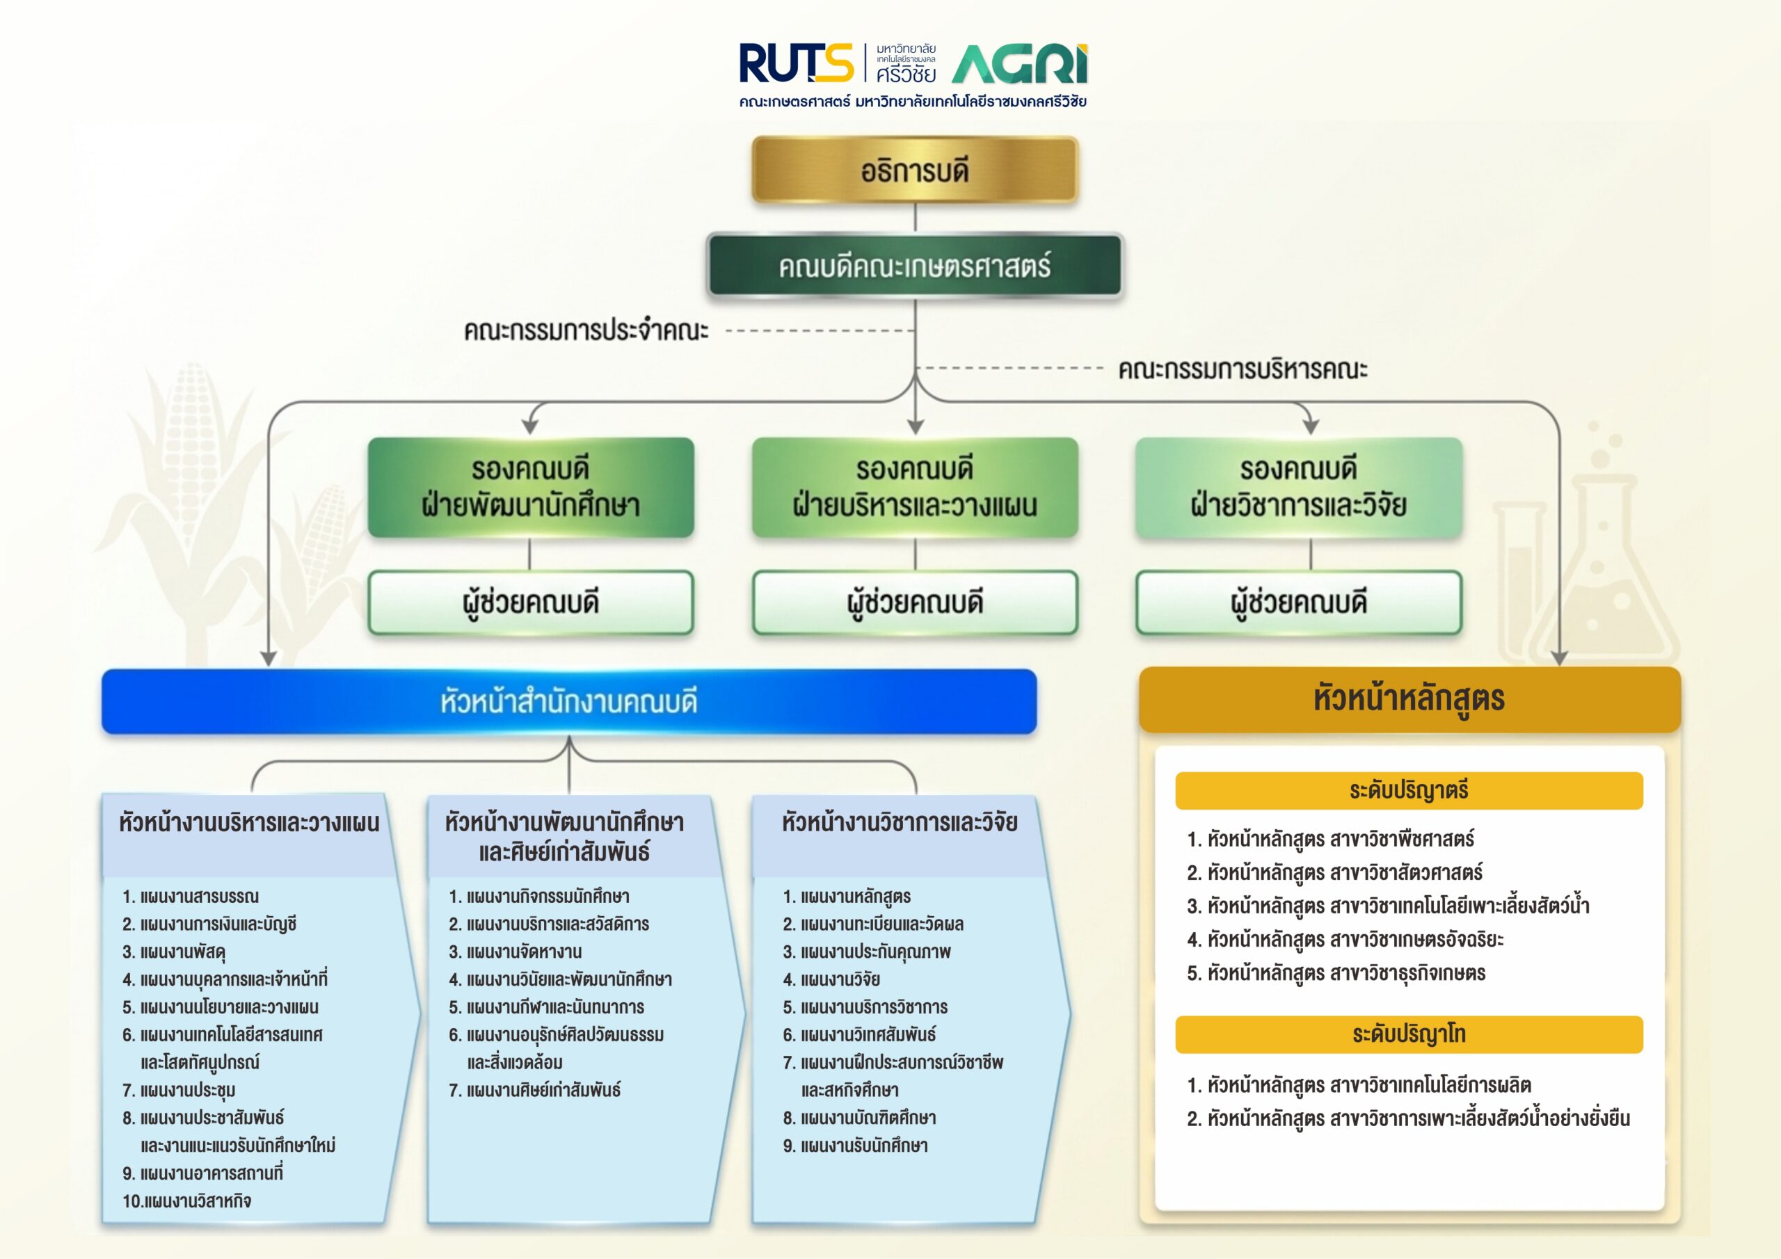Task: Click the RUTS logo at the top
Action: coord(796,63)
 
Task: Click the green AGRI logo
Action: coord(1019,65)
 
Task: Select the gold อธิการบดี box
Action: coord(915,170)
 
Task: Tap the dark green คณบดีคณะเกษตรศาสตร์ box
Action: coord(915,266)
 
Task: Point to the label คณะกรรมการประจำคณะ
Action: coord(586,330)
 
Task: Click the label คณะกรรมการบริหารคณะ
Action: coord(1242,369)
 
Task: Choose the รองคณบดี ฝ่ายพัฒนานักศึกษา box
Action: coord(531,487)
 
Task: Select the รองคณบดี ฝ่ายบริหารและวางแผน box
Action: coord(915,487)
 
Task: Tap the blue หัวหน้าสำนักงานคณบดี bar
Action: coord(568,701)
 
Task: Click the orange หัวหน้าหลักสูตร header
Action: coord(1409,699)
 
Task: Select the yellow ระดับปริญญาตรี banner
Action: coord(1409,790)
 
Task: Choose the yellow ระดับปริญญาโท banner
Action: coord(1409,1034)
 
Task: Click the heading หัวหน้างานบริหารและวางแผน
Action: coord(249,823)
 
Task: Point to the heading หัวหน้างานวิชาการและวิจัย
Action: coord(899,822)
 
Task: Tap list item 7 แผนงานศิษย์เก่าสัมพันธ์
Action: coord(535,1090)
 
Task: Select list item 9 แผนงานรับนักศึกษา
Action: coord(856,1146)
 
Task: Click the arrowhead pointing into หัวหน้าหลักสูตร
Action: coord(1559,658)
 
